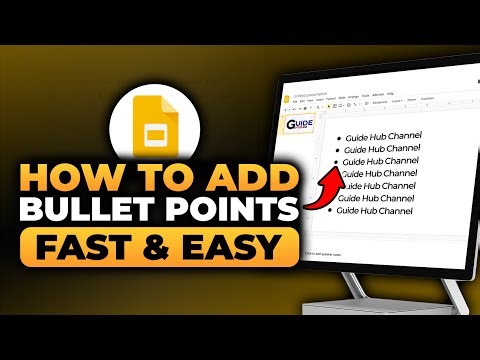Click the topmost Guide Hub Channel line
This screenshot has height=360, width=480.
385,135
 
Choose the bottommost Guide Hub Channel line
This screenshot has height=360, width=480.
375,210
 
